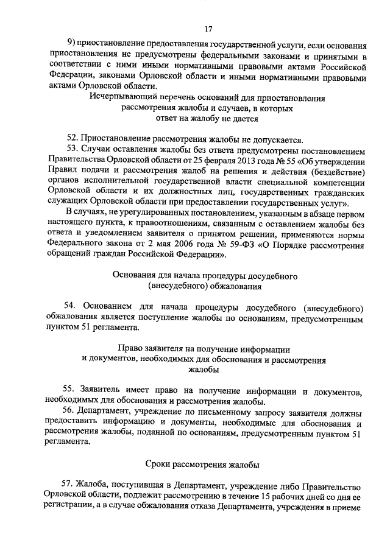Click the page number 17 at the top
pyautogui.click(x=208, y=28)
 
